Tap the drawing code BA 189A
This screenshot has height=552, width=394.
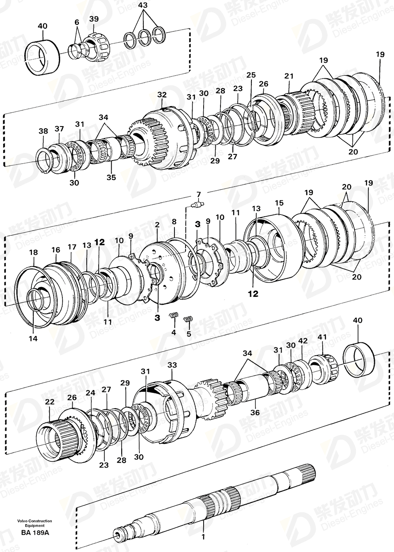coord(35,532)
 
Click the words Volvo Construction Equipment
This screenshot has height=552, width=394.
coord(35,523)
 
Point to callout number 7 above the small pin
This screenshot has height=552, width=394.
coord(198,194)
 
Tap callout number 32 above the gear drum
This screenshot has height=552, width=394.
coord(162,95)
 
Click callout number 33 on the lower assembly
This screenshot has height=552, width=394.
coord(172,365)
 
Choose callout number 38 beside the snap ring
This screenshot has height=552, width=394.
coord(42,131)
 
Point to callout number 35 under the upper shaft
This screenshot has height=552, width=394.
coord(111,177)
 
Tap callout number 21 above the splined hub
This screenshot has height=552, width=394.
coord(289,77)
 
